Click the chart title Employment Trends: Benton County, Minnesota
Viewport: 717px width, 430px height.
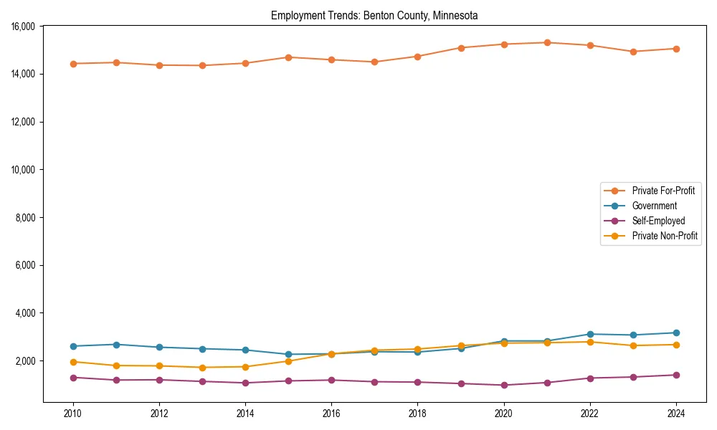point(374,16)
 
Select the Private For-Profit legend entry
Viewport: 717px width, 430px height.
point(663,191)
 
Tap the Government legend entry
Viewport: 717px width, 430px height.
point(654,206)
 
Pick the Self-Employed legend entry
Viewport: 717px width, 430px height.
point(658,221)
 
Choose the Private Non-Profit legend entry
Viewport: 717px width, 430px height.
point(665,236)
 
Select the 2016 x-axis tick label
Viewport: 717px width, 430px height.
point(331,414)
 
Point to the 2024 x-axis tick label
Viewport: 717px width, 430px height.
point(676,414)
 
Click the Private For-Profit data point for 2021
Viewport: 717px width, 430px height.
point(547,42)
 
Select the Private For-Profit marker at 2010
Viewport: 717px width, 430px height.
point(72,64)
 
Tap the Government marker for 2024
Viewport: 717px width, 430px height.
point(676,333)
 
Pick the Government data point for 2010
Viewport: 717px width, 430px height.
point(72,346)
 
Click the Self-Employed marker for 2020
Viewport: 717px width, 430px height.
point(504,385)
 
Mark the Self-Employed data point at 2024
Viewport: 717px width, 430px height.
point(676,375)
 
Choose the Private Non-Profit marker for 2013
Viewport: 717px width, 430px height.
point(202,368)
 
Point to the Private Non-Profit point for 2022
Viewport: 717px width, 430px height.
point(590,342)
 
